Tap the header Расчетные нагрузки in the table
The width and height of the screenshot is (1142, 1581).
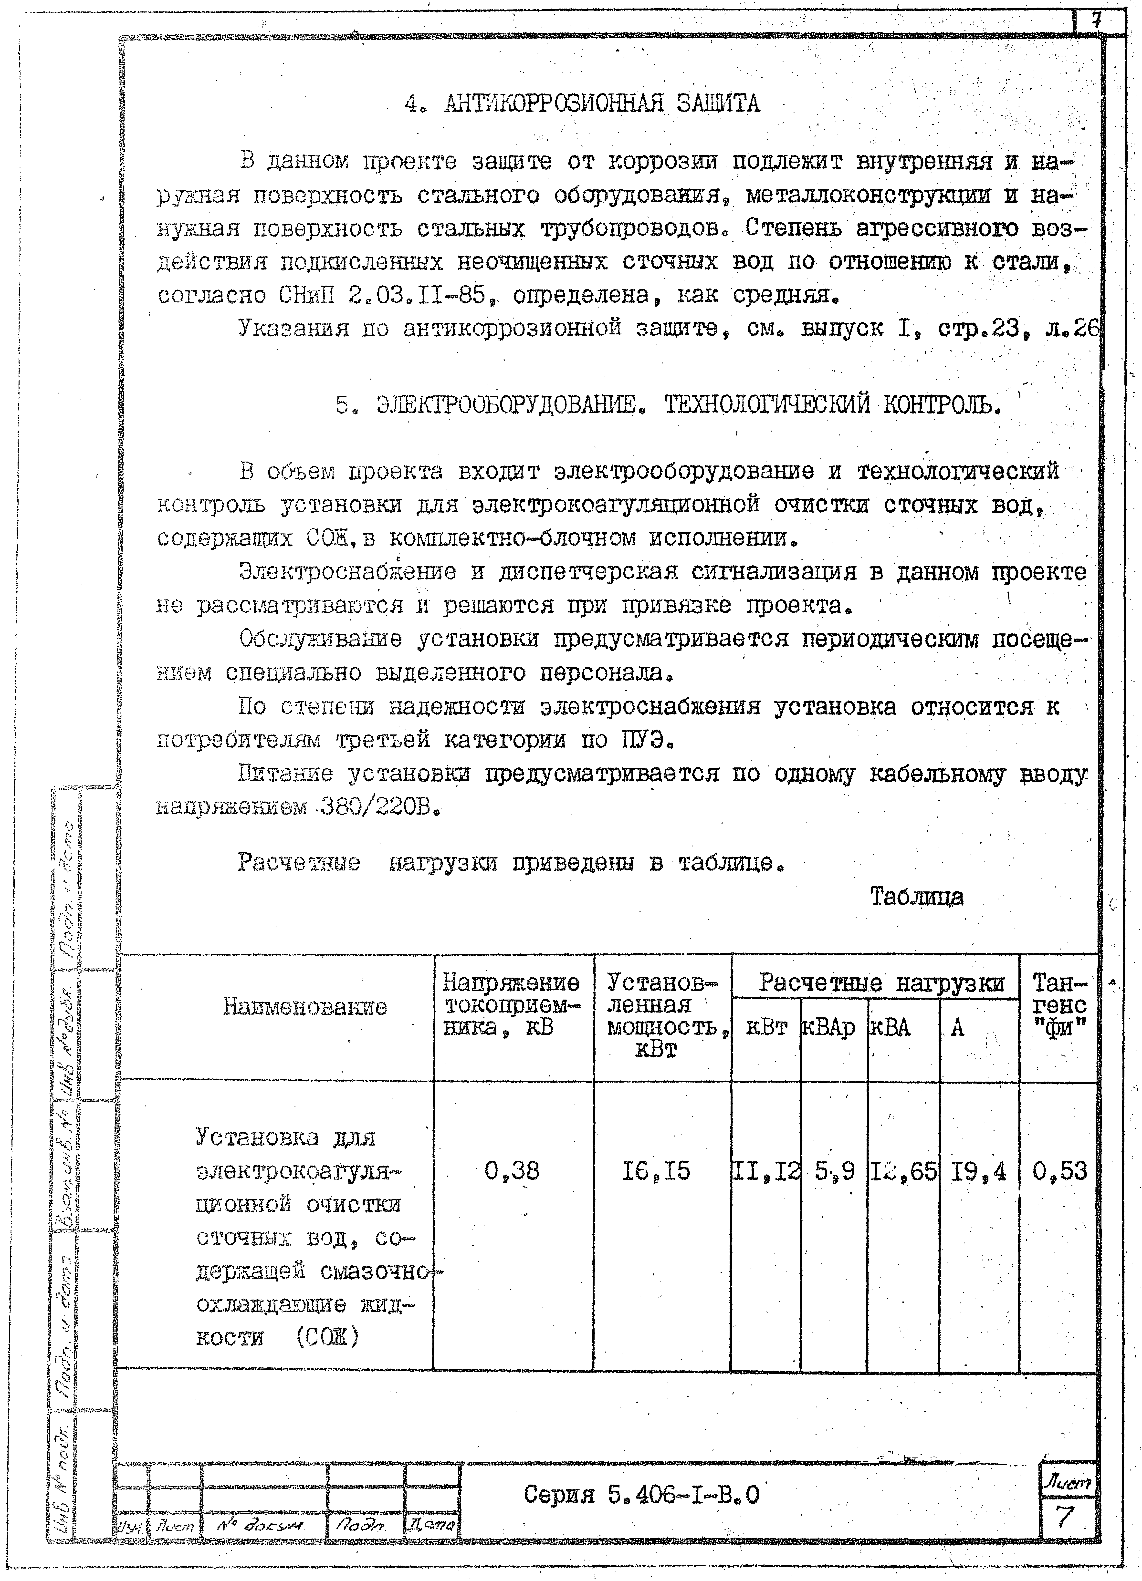[x=881, y=984]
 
